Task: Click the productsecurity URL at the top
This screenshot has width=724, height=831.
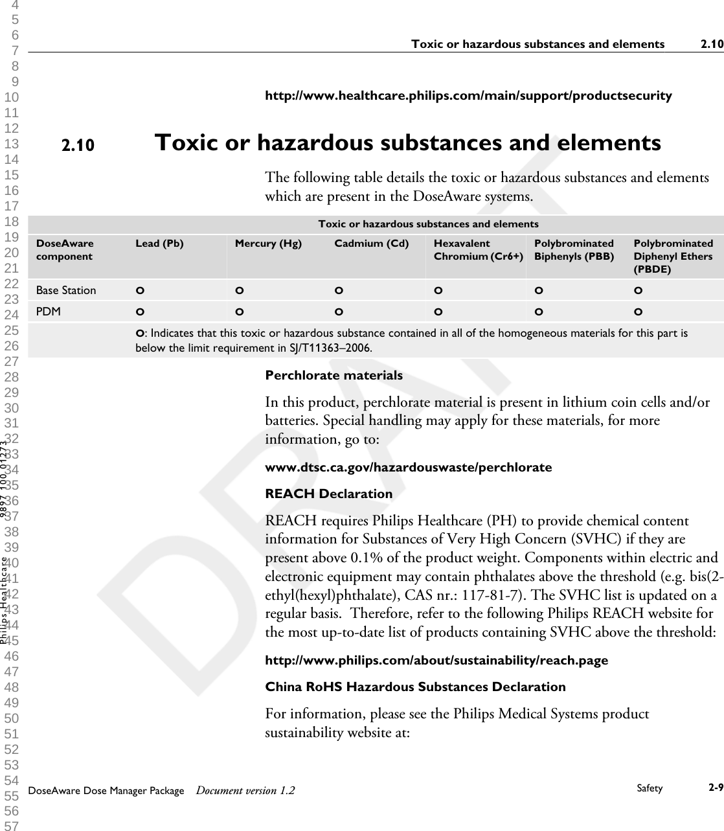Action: point(468,96)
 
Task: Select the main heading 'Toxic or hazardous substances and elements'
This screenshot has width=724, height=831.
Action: point(408,142)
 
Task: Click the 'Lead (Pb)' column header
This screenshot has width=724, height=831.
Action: point(159,244)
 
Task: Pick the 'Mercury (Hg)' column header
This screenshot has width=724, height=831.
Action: point(267,244)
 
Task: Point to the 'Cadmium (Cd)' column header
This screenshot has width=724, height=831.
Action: point(371,244)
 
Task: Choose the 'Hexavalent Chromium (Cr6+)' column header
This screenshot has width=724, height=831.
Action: point(478,249)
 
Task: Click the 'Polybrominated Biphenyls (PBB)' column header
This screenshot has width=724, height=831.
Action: point(574,249)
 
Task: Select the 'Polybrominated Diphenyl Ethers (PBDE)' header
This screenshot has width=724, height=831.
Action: point(673,256)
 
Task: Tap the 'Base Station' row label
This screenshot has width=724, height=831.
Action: point(65,290)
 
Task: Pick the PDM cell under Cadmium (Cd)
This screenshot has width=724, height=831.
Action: point(339,312)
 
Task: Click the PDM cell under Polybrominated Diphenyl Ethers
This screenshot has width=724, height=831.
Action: point(638,312)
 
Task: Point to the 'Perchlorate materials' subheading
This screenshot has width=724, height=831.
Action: point(334,375)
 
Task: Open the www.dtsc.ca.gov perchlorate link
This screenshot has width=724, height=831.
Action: point(409,467)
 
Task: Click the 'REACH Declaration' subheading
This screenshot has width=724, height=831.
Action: point(329,494)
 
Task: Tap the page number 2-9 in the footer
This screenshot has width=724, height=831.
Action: point(716,788)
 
